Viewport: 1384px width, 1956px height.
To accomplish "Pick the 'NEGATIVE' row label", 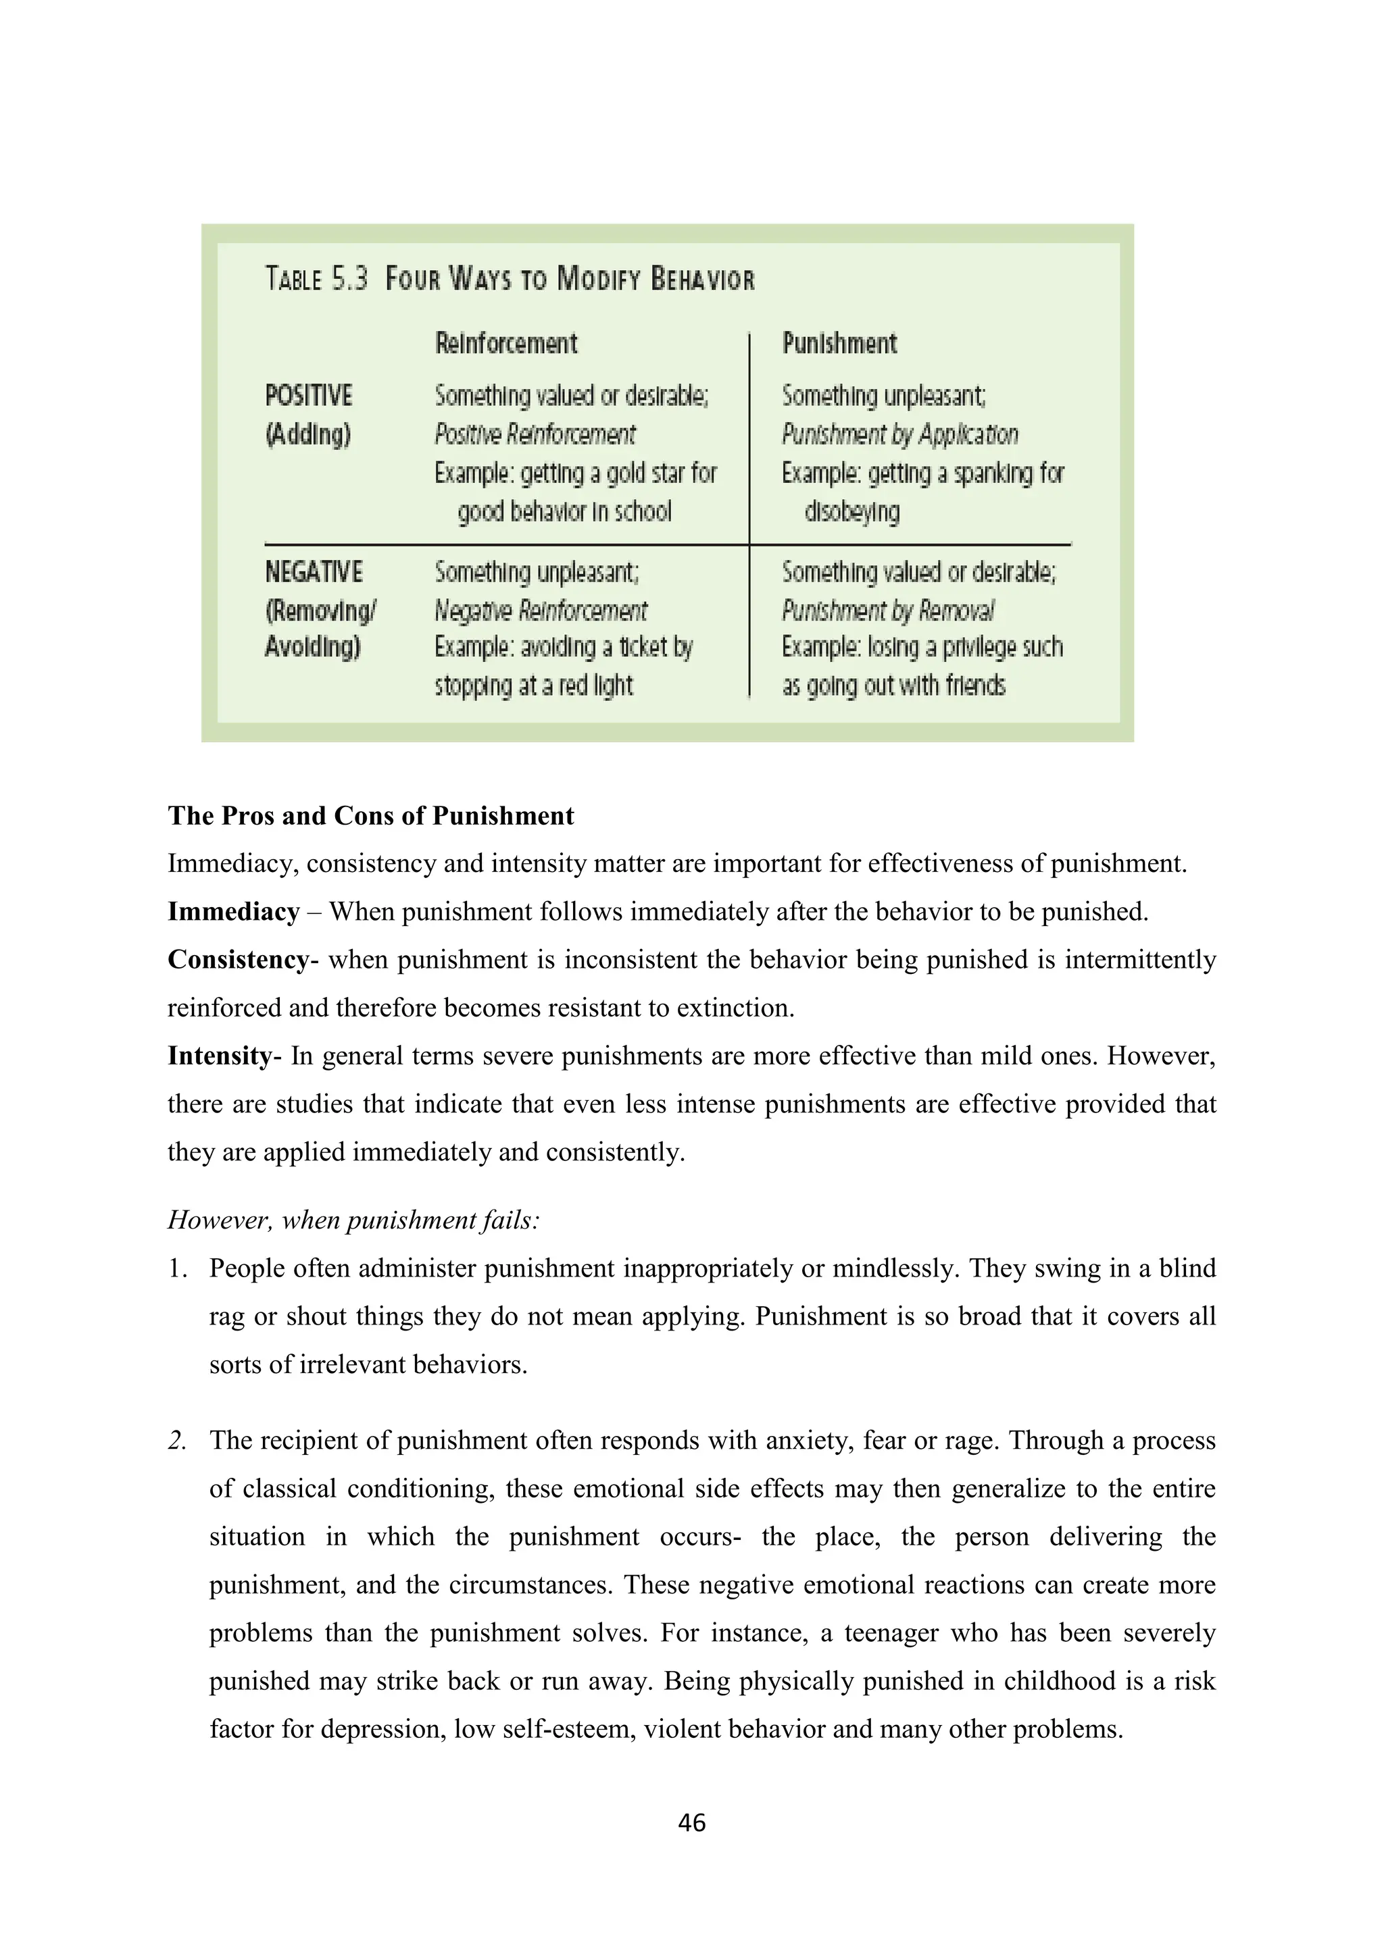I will pyautogui.click(x=314, y=571).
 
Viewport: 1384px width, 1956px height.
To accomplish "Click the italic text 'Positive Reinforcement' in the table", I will pyautogui.click(x=535, y=434).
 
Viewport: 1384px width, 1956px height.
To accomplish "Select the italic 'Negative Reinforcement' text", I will pyautogui.click(x=541, y=611).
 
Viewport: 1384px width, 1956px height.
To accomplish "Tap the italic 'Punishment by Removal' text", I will pyautogui.click(x=888, y=611).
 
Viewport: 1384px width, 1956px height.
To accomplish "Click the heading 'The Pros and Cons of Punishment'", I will pyautogui.click(x=371, y=816).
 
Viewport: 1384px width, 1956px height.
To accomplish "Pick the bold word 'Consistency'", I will pyautogui.click(x=239, y=960).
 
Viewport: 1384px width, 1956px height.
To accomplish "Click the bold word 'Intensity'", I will pyautogui.click(x=219, y=1056).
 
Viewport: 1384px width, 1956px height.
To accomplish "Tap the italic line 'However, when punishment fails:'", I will pyautogui.click(x=353, y=1220).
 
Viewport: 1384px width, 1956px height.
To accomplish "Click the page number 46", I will pyautogui.click(x=691, y=1822).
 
